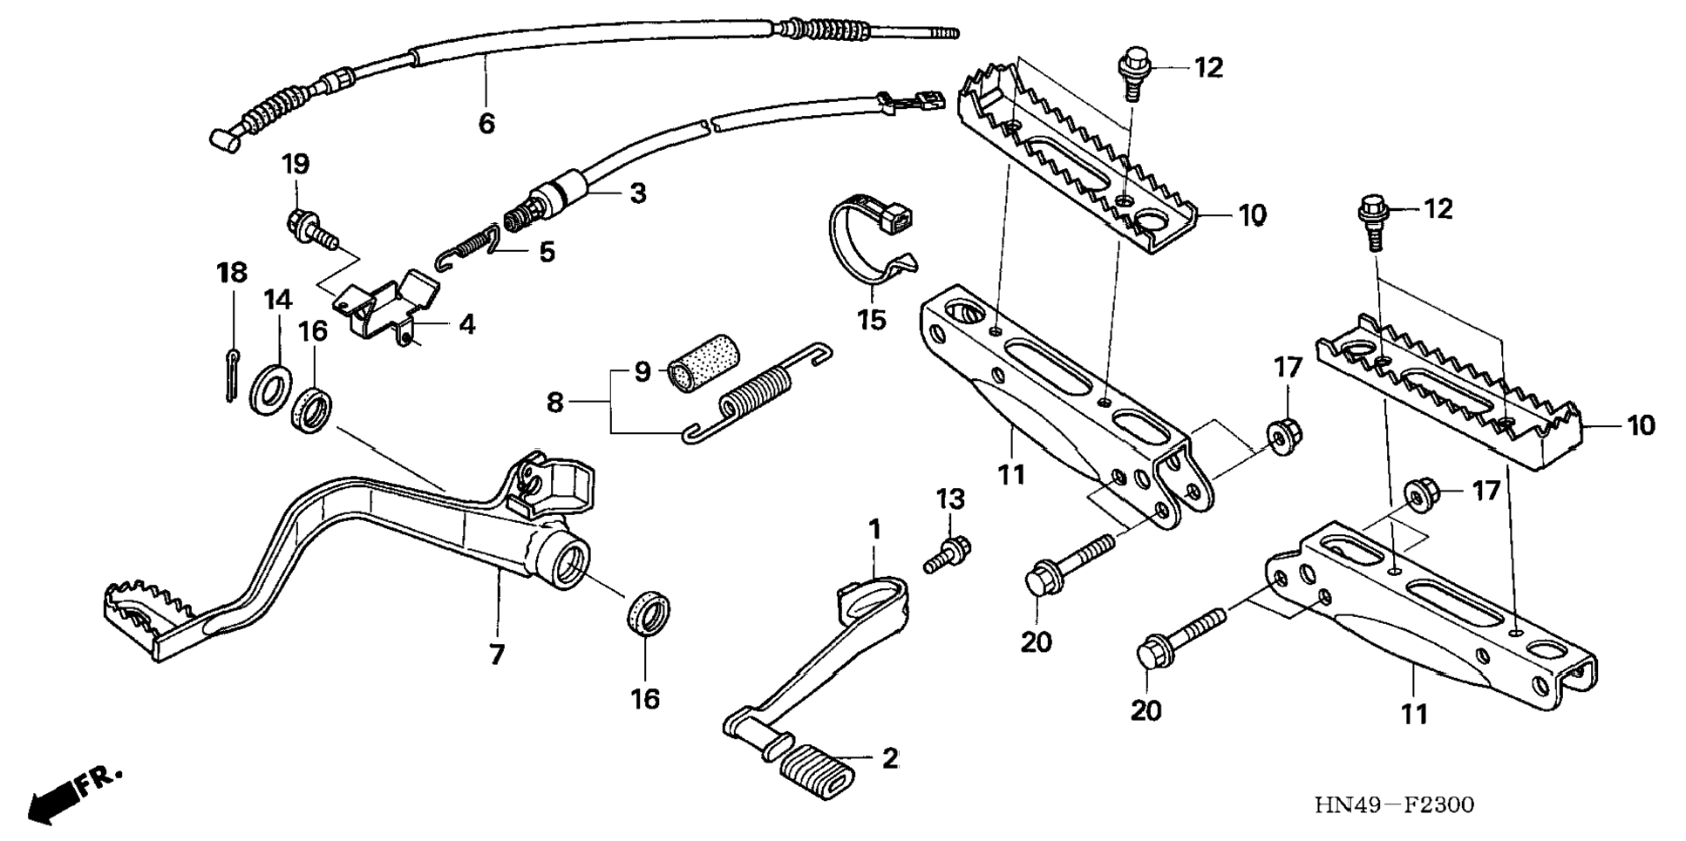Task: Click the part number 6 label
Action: [486, 124]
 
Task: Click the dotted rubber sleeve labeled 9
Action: [704, 364]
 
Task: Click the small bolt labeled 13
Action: [948, 553]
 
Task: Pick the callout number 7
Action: [497, 654]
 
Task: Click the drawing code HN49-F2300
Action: [1393, 804]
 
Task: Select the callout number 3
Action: [638, 193]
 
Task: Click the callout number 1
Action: [874, 529]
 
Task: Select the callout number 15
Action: [872, 320]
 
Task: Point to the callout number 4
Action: [467, 325]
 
